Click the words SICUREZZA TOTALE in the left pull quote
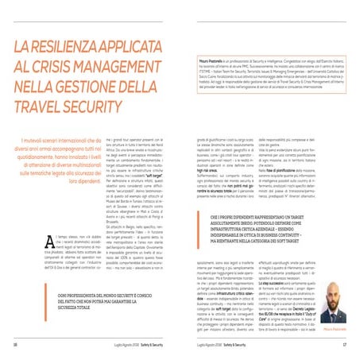(43, 304)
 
